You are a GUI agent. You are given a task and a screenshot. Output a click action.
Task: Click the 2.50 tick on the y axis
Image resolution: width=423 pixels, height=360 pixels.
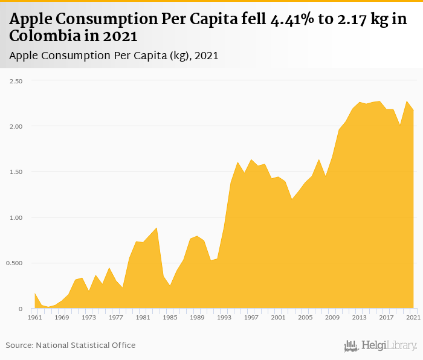pos(15,81)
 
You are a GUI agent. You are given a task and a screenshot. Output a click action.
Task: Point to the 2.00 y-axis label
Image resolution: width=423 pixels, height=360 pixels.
pos(15,126)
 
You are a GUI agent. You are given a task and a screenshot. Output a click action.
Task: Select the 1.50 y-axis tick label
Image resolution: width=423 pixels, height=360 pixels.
pos(15,172)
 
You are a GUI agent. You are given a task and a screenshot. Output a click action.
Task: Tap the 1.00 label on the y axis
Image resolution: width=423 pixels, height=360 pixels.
pos(15,217)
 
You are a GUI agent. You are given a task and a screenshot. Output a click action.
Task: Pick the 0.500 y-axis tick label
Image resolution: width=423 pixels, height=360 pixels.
pos(14,263)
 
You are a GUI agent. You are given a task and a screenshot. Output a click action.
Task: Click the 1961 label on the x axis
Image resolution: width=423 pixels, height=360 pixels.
pos(35,318)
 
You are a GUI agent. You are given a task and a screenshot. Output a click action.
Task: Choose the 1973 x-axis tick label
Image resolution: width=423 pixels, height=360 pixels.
pos(89,318)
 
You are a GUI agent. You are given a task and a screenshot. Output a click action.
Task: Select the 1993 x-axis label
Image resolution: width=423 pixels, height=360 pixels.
pos(224,318)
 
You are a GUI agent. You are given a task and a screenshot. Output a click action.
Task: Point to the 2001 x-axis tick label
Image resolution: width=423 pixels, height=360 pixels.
pos(278,318)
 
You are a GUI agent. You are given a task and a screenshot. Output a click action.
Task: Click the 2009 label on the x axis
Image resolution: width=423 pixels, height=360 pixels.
pos(332,318)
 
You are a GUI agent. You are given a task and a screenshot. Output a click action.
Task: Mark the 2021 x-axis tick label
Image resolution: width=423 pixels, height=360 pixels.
pos(413,318)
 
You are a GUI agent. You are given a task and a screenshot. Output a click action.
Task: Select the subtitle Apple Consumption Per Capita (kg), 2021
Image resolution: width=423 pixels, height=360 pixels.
pos(114,55)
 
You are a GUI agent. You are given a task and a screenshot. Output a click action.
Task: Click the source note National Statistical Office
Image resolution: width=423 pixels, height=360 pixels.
pos(86,345)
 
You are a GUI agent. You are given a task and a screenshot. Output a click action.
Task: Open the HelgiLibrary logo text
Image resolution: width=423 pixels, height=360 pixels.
pos(389,346)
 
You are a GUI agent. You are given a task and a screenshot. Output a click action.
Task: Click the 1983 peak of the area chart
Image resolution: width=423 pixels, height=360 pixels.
pos(157,228)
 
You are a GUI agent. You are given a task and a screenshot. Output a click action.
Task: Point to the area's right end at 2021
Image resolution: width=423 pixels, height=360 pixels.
pos(413,111)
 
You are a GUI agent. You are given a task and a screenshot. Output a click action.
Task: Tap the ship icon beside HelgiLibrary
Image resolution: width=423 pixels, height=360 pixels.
pos(351,346)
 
